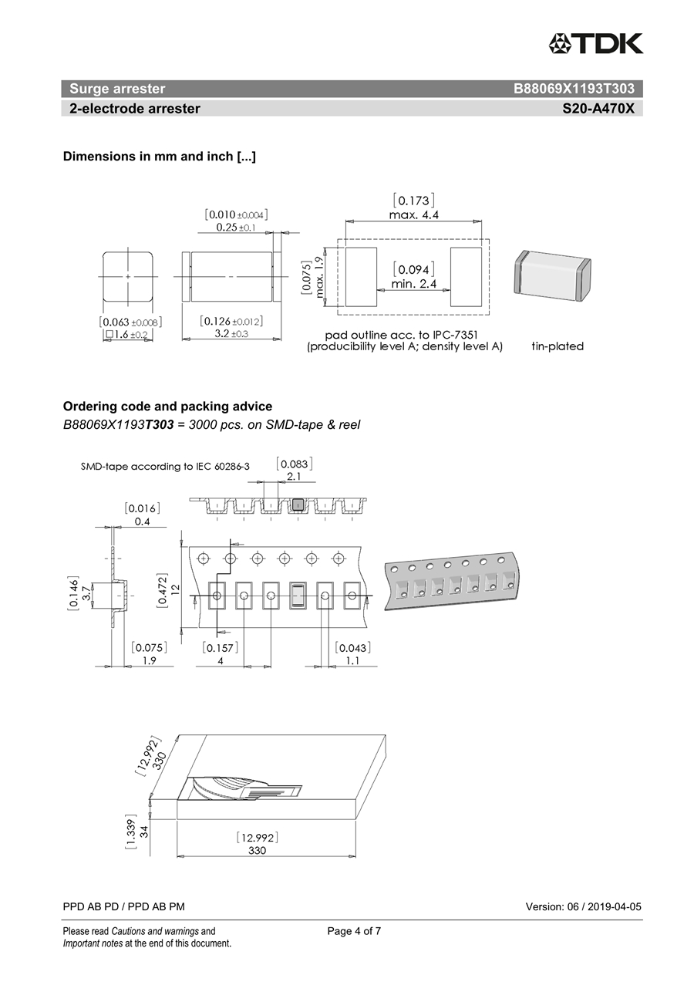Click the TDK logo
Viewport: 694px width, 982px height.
coord(595,44)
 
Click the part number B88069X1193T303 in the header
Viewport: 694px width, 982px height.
coord(574,89)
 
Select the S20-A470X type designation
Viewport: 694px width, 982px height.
coord(598,109)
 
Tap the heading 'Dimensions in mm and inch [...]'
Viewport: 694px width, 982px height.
coord(160,157)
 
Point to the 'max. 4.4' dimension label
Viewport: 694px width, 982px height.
coord(413,215)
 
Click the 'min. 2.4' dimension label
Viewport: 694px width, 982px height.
coord(413,284)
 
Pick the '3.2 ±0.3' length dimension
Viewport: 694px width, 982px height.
coord(231,334)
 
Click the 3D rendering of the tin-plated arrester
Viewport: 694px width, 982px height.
coord(551,276)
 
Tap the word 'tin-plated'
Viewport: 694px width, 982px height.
coord(558,346)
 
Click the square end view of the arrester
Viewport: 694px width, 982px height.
coord(128,276)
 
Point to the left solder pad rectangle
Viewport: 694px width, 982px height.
coord(361,276)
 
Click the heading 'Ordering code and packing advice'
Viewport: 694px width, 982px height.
coord(167,407)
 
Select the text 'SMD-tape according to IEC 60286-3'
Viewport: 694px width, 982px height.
coord(165,467)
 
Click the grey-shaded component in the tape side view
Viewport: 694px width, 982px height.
coord(298,505)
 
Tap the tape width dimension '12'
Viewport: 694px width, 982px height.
coord(175,589)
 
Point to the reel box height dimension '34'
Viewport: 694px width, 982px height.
coord(144,830)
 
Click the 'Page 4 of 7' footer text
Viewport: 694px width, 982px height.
coord(354,931)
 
